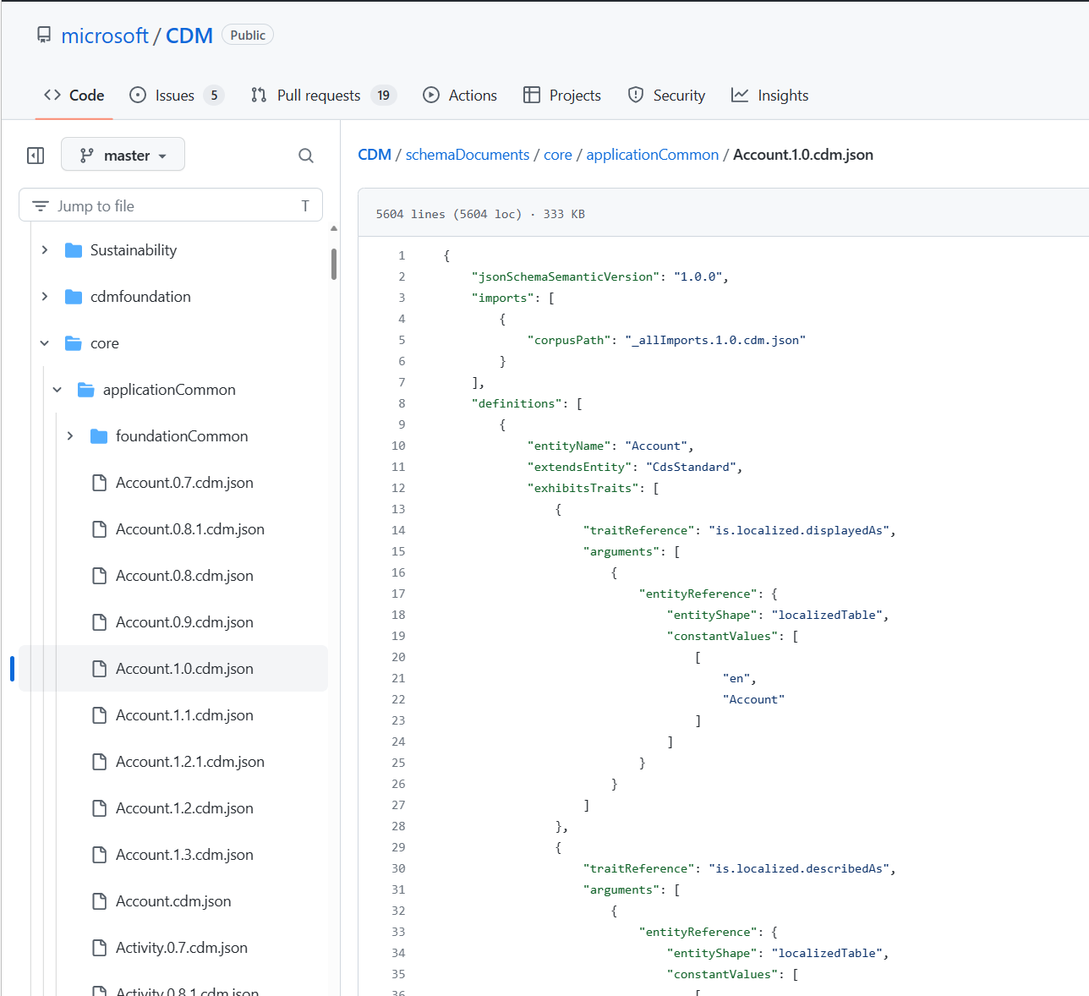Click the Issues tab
pos(174,96)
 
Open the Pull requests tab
pos(318,96)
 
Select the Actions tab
pos(472,96)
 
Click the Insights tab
pos(782,96)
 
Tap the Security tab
pos(678,96)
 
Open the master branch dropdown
pos(123,156)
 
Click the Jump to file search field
pos(169,205)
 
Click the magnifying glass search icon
pos(306,156)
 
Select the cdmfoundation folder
pos(140,297)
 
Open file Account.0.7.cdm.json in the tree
pos(184,483)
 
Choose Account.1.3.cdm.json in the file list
pos(184,855)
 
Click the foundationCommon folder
pos(181,436)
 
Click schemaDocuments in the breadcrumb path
pos(467,155)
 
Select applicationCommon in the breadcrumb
pos(652,155)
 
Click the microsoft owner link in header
pos(105,36)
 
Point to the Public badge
pos(248,36)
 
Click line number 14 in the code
pos(398,530)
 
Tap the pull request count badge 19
pos(383,96)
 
